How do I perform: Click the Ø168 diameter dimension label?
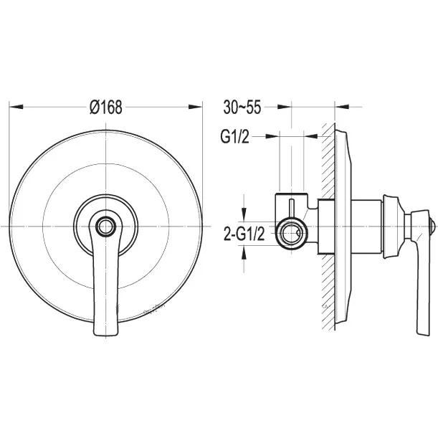pyautogui.click(x=106, y=107)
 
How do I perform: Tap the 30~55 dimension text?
pyautogui.click(x=242, y=107)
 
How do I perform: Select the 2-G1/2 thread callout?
pyautogui.click(x=244, y=234)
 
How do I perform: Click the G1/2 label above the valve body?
pyautogui.click(x=234, y=137)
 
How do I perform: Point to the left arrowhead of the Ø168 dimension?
pyautogui.click(x=16, y=107)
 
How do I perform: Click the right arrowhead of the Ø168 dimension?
pyautogui.click(x=195, y=107)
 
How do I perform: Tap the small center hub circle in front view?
pyautogui.click(x=105, y=226)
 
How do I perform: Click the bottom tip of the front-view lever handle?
pyautogui.click(x=105, y=334)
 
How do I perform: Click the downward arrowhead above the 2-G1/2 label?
pyautogui.click(x=244, y=215)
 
